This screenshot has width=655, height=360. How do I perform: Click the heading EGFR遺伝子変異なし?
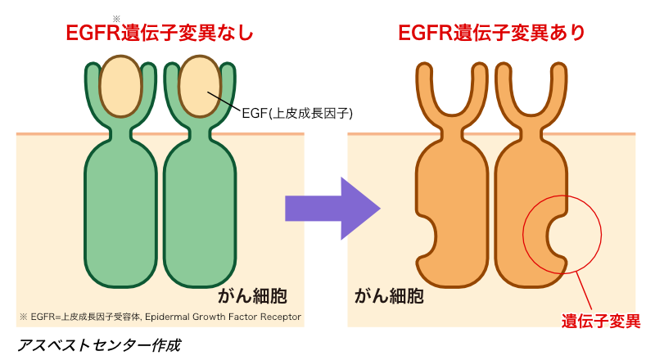(x=159, y=34)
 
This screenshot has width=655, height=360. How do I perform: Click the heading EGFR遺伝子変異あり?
(x=491, y=33)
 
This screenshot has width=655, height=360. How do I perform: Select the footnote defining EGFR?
(x=159, y=317)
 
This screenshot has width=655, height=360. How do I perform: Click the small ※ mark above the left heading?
(x=117, y=17)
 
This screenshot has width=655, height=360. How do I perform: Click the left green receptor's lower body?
(x=120, y=213)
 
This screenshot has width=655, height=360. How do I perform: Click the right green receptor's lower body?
(x=200, y=213)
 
